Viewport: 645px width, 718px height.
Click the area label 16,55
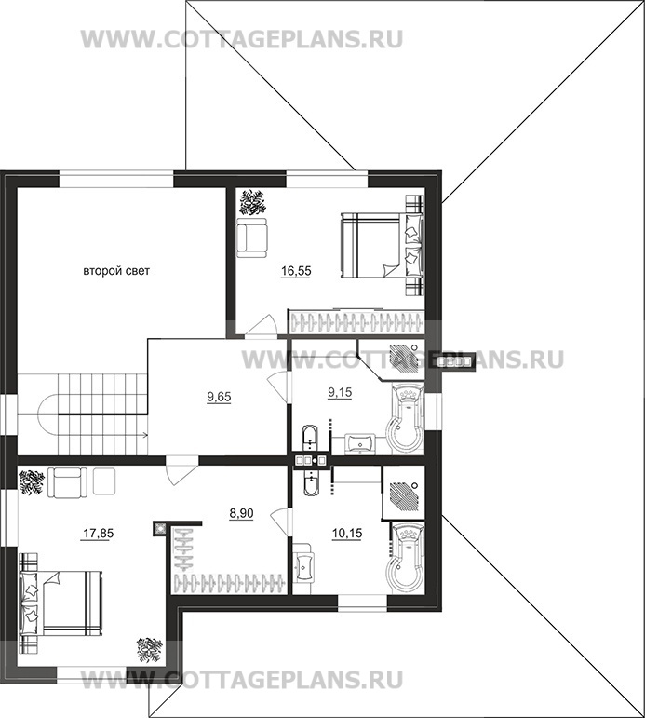[296, 271]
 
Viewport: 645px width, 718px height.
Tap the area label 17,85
[98, 534]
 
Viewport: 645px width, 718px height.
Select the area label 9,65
[219, 397]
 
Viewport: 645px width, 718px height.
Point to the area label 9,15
[340, 392]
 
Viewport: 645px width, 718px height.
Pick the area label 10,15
[347, 533]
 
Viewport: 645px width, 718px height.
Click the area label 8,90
[241, 514]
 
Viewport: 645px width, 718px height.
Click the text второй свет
[116, 271]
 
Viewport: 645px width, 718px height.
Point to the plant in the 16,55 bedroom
[252, 203]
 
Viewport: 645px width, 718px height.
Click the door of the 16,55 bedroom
[261, 326]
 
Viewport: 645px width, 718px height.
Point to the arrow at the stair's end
[144, 435]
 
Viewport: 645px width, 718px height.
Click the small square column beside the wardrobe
[160, 528]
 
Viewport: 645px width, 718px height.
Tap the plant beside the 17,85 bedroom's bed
[150, 649]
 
